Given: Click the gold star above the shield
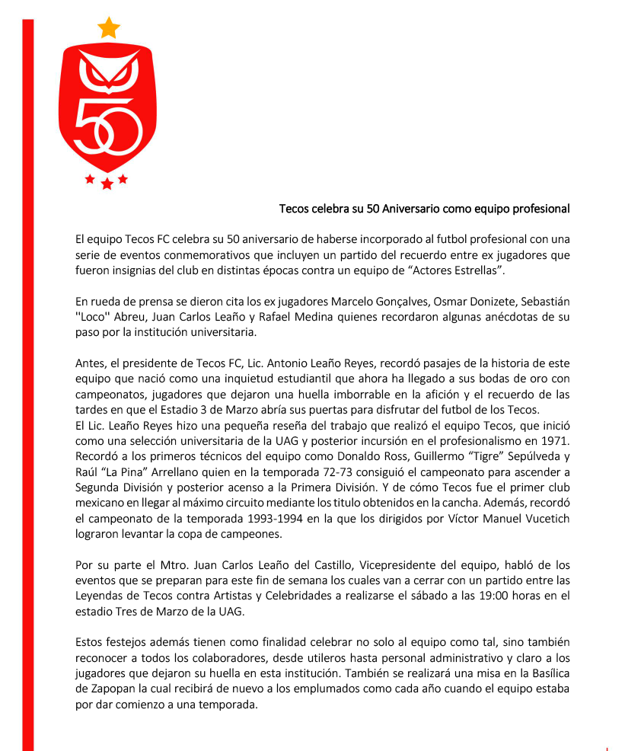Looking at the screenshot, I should (109, 28).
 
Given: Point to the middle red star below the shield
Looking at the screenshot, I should (107, 184).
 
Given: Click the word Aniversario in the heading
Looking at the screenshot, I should (411, 209).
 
